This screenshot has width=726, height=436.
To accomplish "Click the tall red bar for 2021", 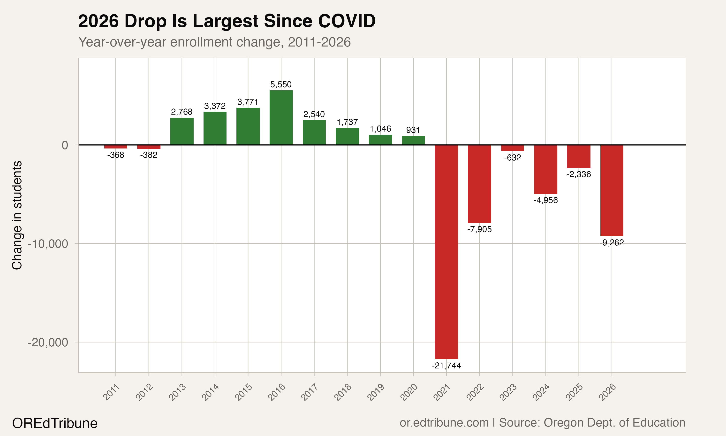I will coord(446,252).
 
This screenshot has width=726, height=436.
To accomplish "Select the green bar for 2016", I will coord(281,117).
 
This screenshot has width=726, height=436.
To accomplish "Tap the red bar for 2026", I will coord(612,190).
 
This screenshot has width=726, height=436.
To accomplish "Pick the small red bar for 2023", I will coord(513,148).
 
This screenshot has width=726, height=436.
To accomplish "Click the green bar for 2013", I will coord(182,131).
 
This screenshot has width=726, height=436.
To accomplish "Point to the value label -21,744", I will coord(446,366).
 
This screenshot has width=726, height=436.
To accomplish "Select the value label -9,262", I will coord(612,243).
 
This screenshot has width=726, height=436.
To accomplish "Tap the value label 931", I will coord(413,130).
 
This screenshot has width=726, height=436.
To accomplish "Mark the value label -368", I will coord(116,155).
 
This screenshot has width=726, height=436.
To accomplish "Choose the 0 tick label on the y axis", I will coord(65,145).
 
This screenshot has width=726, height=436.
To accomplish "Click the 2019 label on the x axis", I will coord(376,392).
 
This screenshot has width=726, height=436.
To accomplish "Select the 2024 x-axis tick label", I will coord(541,392).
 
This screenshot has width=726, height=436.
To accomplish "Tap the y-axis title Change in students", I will coord(17,215).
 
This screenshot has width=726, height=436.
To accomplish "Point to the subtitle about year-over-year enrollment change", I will coord(214,42).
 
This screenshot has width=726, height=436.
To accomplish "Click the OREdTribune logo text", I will coord(55,423).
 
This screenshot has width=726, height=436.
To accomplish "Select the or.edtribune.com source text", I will coord(444,423).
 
